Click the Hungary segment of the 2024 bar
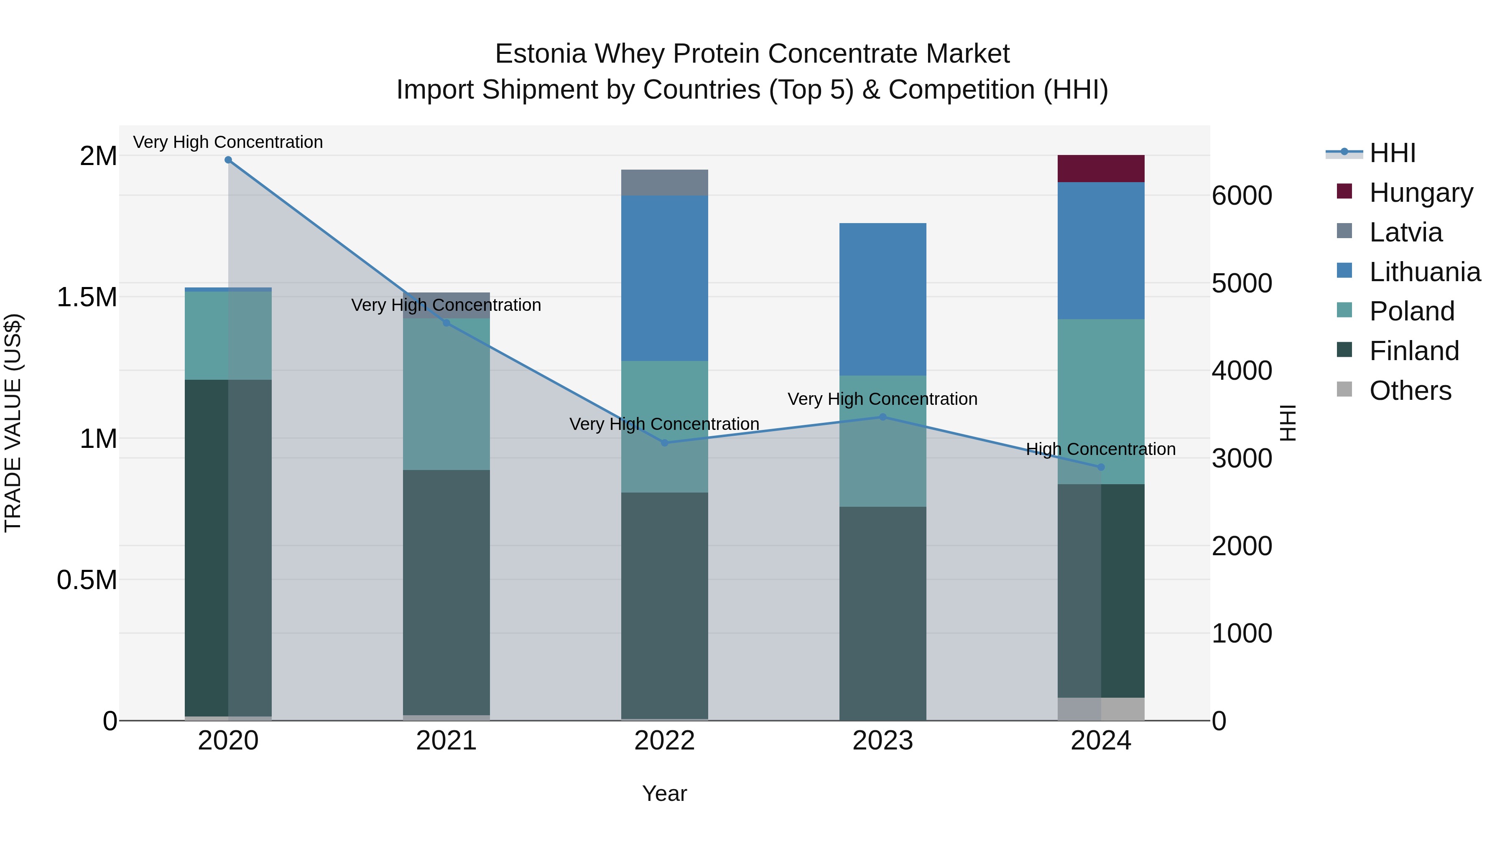(x=1101, y=169)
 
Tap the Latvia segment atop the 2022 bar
(x=664, y=183)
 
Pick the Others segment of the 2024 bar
(x=1101, y=709)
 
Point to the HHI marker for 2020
(x=228, y=160)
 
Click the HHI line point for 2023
(x=883, y=417)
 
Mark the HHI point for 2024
(x=1101, y=467)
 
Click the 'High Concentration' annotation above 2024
(x=1101, y=449)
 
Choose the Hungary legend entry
(x=1421, y=193)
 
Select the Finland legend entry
(x=1414, y=351)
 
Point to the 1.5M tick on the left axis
(x=87, y=297)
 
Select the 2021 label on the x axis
(x=446, y=741)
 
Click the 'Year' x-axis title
(x=664, y=793)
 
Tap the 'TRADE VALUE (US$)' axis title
(x=13, y=423)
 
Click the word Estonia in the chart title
(x=540, y=54)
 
